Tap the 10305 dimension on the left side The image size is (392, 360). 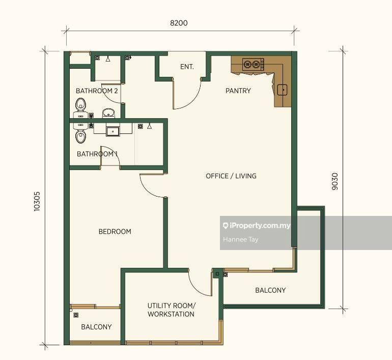tap(37, 201)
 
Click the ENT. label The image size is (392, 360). tap(187, 67)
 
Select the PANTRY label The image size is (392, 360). tap(238, 91)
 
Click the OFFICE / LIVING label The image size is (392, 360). tap(231, 176)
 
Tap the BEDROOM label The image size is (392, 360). tap(115, 232)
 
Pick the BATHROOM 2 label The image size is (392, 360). tap(97, 91)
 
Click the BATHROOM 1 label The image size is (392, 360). tap(97, 154)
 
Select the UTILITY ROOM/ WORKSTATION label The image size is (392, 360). tap(171, 310)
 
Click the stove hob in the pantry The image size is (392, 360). tap(253, 64)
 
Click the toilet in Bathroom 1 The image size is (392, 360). tap(80, 136)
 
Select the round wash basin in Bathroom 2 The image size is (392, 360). tap(108, 113)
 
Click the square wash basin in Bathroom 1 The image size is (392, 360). tap(113, 131)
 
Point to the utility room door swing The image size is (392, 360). tap(200, 282)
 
